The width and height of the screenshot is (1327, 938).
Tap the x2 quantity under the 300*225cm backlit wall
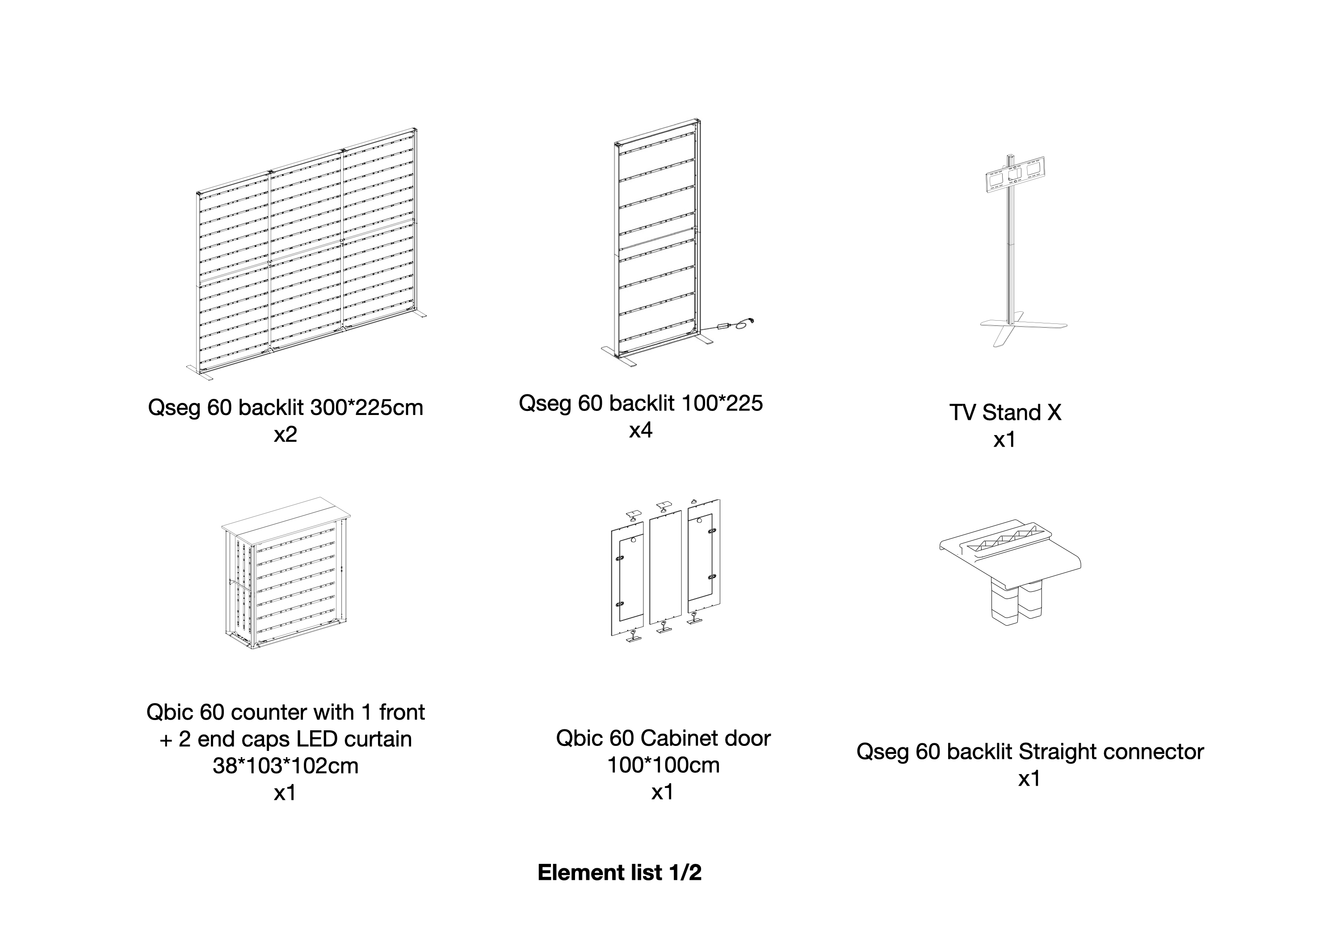pos(285,434)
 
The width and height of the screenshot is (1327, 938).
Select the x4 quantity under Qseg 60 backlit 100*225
pos(640,430)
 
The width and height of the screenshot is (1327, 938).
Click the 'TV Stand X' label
pos(1005,412)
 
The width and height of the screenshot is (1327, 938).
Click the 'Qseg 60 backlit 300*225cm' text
pos(285,407)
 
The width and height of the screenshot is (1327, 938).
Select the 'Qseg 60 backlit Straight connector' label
pos(1029,751)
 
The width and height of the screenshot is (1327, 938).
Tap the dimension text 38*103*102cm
pos(285,766)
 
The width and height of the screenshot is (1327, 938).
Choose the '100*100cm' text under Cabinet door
pos(663,765)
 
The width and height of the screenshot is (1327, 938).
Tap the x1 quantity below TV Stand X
pos(1004,440)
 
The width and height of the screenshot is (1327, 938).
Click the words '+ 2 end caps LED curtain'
pos(285,739)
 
